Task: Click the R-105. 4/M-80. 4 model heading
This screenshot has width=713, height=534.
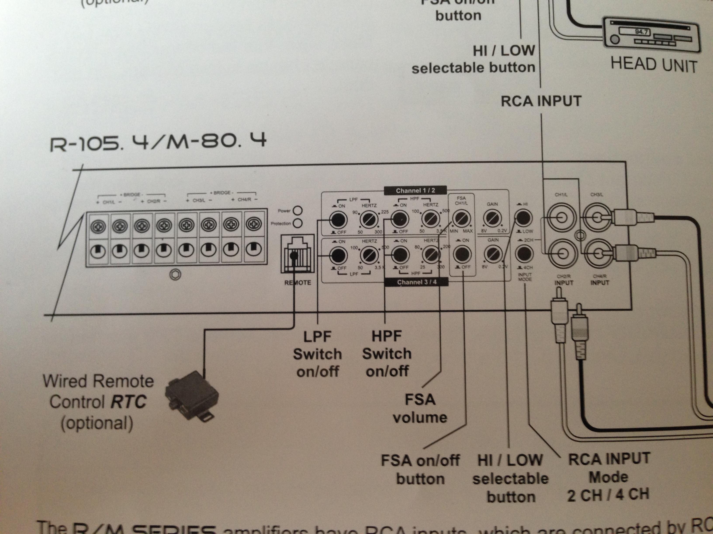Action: [158, 142]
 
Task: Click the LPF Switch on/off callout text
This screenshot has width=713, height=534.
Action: [317, 354]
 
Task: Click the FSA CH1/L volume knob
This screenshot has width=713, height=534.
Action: [461, 219]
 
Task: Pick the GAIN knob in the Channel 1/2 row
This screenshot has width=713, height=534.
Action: [492, 219]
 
